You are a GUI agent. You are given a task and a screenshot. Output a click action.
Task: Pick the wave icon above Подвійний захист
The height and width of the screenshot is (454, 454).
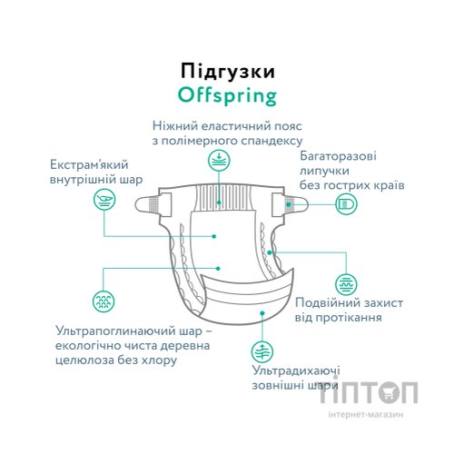click(x=345, y=283)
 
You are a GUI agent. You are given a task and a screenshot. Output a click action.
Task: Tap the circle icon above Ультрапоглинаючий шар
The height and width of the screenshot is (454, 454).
click(x=105, y=301)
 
